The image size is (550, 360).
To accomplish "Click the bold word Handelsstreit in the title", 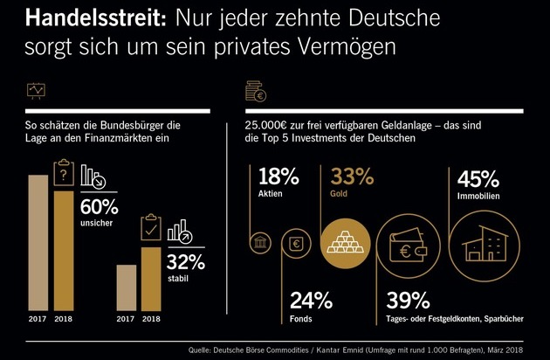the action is (95, 17).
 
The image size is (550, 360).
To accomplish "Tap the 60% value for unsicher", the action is (100, 207).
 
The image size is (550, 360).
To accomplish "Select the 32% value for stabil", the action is (186, 262).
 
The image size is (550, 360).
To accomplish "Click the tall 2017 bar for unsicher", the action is (38, 243).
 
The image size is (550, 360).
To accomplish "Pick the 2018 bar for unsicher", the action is (64, 251).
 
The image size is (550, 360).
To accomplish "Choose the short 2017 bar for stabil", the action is (127, 287).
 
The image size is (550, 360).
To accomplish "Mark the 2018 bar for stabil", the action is (151, 280).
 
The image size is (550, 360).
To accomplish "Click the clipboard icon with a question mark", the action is (64, 172).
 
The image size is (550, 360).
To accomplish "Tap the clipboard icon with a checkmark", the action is (151, 227).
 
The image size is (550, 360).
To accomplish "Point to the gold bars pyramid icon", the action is (346, 242).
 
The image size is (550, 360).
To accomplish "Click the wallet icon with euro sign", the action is (408, 246).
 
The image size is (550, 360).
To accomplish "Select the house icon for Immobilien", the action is (485, 245).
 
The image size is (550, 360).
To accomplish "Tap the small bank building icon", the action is (260, 243).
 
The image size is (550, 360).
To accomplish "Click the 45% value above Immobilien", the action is (478, 179).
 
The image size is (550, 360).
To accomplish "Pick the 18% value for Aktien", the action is (278, 177).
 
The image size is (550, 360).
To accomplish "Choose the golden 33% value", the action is (352, 177).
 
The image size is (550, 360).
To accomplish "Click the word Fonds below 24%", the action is (300, 319).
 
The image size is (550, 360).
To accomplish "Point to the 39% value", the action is (408, 301).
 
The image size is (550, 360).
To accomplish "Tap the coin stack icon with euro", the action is (256, 92).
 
